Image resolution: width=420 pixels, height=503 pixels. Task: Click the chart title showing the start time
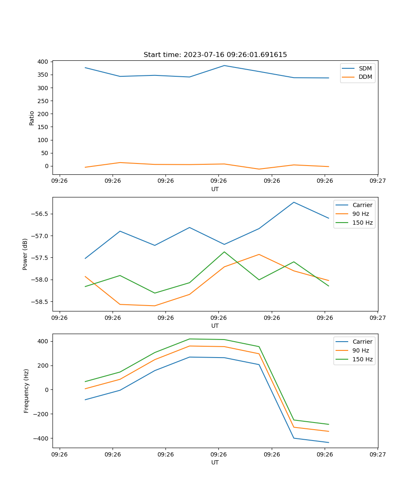pyautogui.click(x=215, y=55)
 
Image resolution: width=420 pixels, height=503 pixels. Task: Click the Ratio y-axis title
pyautogui.click(x=32, y=118)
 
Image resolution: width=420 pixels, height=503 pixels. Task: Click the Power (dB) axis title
pyautogui.click(x=26, y=254)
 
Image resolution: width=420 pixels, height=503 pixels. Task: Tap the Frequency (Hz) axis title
pyautogui.click(x=26, y=391)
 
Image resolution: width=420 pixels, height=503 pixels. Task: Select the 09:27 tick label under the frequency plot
pyautogui.click(x=378, y=454)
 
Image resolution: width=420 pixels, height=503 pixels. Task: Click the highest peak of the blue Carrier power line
pyautogui.click(x=294, y=202)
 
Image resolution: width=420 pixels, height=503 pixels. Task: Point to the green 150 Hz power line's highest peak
pyautogui.click(x=224, y=252)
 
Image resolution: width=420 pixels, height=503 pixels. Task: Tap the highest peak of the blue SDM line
pyautogui.click(x=224, y=65)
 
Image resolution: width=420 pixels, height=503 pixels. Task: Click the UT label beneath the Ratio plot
pyautogui.click(x=215, y=189)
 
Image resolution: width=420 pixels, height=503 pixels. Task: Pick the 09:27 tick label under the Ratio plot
pyautogui.click(x=378, y=181)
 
